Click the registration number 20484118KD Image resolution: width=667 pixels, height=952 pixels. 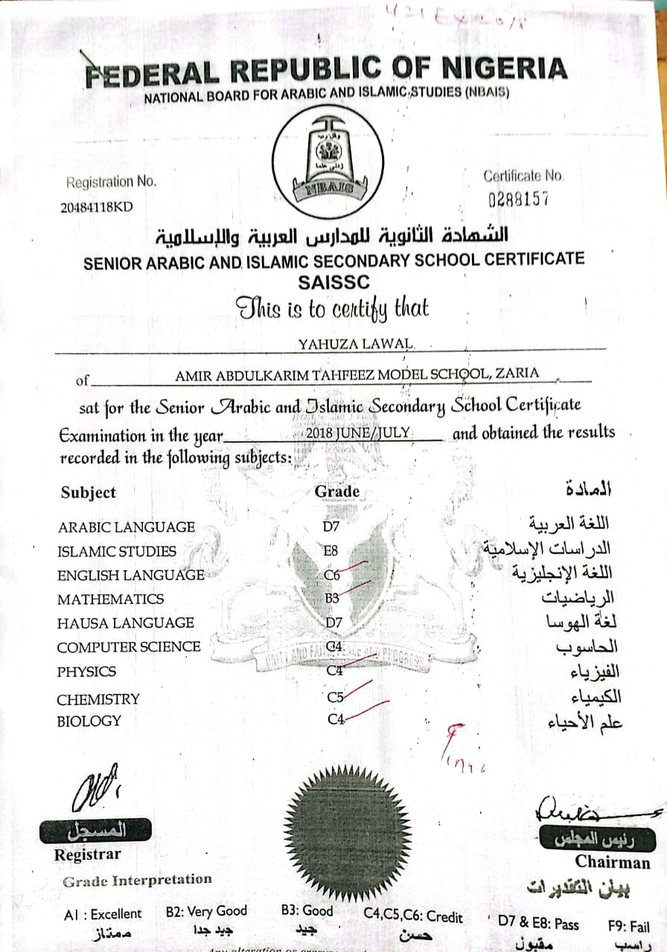96,208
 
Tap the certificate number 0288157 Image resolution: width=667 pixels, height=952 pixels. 518,199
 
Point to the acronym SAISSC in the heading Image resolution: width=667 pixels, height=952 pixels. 333,282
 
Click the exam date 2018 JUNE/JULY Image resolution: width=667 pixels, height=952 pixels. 358,433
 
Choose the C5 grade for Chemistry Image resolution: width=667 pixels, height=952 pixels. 336,698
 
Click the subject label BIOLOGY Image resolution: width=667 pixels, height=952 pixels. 89,721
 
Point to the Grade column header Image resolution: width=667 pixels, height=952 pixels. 337,492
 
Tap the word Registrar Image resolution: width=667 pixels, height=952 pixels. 87,855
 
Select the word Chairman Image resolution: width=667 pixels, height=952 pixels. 612,863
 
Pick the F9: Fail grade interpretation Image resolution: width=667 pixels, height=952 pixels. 628,927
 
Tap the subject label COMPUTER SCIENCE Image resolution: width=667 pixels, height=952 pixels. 129,647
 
